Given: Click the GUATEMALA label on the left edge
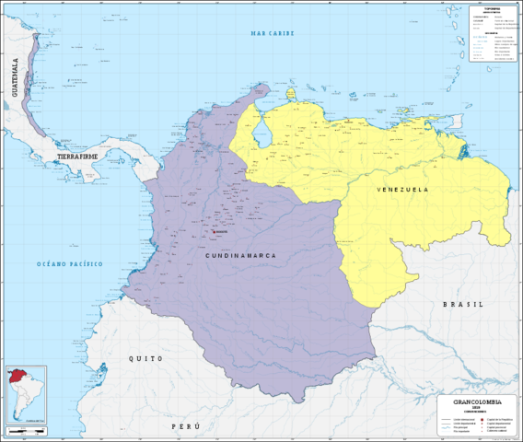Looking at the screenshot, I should [x=14, y=77].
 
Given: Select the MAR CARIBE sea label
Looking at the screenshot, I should [x=270, y=33].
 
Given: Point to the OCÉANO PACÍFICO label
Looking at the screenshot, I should [x=70, y=264].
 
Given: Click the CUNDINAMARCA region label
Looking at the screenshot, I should [x=235, y=254].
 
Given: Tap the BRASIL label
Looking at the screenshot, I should [x=462, y=304].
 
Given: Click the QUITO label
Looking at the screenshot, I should [x=145, y=358].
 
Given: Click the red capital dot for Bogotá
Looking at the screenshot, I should [x=214, y=218].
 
